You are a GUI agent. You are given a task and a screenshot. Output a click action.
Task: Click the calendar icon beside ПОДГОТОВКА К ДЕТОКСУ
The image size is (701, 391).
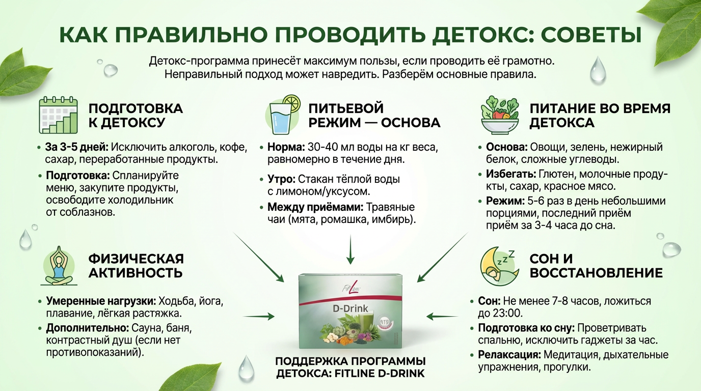pyautogui.click(x=59, y=115)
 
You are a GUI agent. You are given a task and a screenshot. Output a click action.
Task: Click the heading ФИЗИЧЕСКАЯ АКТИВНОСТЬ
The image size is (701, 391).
pyautogui.click(x=136, y=265)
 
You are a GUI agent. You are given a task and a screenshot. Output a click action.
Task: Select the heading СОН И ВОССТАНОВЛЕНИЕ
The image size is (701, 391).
pyautogui.click(x=596, y=265)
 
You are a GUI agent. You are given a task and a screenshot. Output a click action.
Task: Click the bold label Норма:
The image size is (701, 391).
pyautogui.click(x=286, y=148)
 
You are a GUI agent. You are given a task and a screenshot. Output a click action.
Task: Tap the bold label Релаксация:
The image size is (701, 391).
pyautogui.click(x=509, y=355)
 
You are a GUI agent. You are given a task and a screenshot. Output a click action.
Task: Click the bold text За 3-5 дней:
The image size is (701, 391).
pyautogui.click(x=76, y=148)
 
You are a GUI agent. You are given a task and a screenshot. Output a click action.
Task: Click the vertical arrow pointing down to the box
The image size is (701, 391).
pyautogui.click(x=350, y=249)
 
